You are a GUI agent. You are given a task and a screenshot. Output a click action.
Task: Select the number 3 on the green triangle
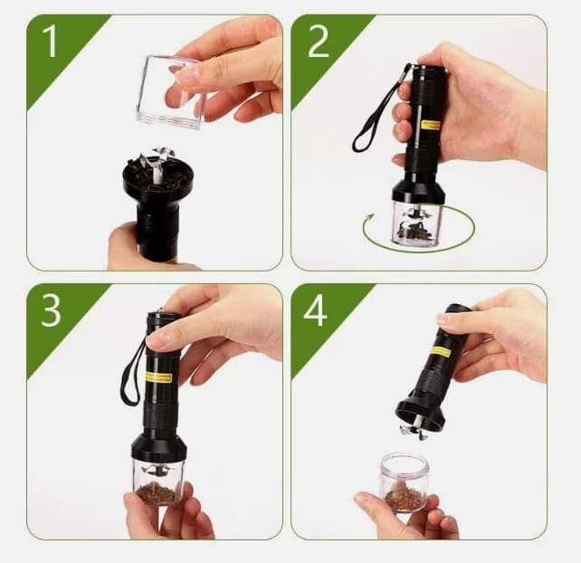pos(51,311)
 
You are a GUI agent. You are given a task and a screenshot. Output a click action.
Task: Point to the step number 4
pos(315,310)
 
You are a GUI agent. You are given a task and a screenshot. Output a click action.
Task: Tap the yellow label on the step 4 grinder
pos(441,350)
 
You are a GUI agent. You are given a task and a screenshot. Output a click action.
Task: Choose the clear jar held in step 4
pos(403,482)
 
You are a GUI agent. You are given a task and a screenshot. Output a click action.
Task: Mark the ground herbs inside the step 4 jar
pos(403,499)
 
